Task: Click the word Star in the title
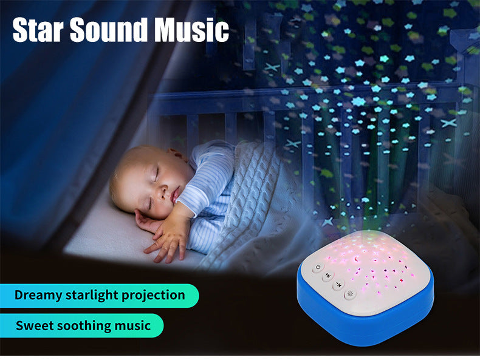point(38,30)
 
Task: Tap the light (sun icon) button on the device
point(351,294)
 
